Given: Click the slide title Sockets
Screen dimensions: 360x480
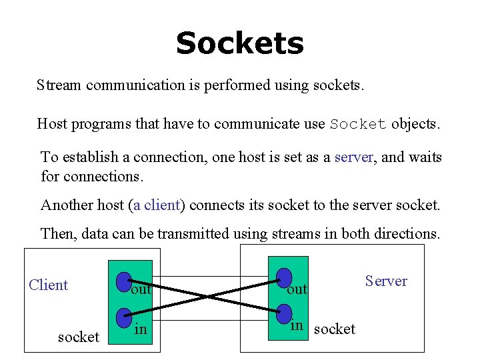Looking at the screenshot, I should click(239, 44).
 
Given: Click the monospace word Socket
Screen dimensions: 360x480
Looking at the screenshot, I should click(358, 124).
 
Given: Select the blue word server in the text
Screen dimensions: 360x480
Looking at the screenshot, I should click(353, 157).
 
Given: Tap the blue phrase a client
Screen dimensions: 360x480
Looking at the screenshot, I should click(157, 205).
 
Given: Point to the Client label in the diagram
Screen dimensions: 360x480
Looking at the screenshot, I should click(49, 285).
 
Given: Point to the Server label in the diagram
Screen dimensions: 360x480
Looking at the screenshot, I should click(386, 281).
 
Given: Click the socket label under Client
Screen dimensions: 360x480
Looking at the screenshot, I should click(78, 337).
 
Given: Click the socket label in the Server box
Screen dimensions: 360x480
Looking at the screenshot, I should click(334, 329).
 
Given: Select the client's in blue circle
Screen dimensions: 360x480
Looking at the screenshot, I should click(123, 318).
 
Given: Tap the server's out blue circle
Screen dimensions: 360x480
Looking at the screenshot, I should click(284, 278).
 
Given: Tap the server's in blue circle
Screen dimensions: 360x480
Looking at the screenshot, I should click(284, 313).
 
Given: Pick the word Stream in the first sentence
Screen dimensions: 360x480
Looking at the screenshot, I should click(59, 85).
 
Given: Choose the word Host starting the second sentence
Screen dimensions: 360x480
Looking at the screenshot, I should click(51, 124).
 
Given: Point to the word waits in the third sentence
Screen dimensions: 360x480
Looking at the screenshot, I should click(424, 157).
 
